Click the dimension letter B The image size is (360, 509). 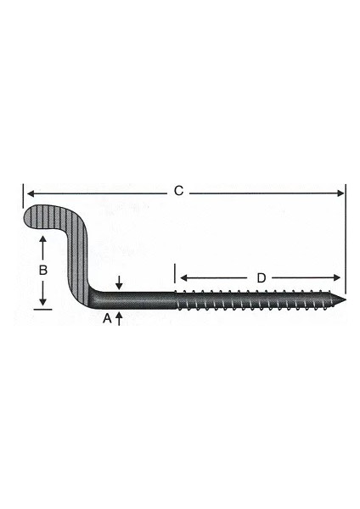(43, 270)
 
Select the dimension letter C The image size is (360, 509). (178, 192)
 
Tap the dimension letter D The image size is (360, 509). (261, 277)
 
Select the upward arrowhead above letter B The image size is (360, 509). (43, 242)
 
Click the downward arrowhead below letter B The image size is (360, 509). (43, 303)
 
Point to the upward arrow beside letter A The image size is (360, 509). (120, 316)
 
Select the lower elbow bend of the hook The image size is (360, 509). (92, 297)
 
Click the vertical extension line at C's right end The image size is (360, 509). (346, 238)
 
